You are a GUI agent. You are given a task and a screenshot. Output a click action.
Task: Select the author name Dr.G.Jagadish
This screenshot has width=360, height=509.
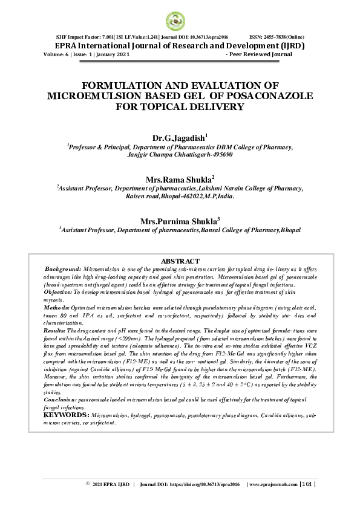click(x=178, y=138)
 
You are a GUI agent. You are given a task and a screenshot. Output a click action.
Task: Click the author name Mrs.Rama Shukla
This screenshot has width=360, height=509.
click(x=178, y=180)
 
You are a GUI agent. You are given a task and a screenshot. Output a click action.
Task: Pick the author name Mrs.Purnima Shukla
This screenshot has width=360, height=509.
click(x=178, y=221)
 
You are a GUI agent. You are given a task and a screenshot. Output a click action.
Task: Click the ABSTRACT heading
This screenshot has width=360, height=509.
click(x=180, y=261)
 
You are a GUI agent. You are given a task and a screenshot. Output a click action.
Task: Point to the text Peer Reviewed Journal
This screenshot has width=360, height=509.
click(x=261, y=54)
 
